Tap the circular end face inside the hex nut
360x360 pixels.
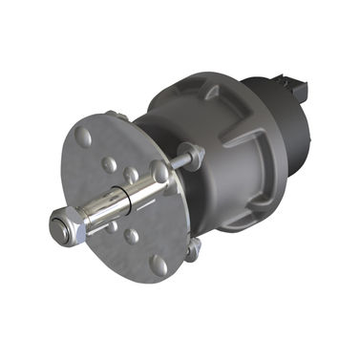point(60,228)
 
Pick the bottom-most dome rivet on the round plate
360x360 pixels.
point(159,264)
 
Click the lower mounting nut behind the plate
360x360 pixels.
point(194,250)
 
